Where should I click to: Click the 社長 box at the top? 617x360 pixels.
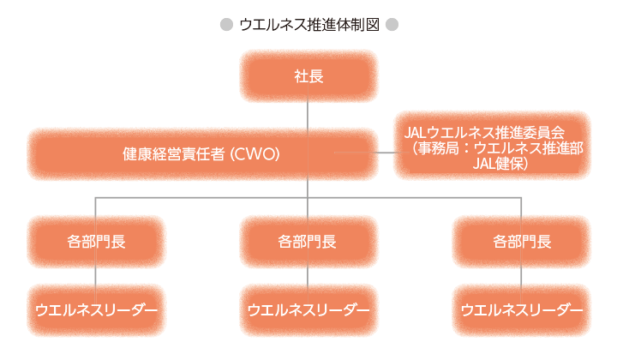[x=308, y=76]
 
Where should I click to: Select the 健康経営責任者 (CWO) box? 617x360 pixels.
[x=202, y=154]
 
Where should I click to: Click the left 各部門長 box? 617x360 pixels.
[x=96, y=242]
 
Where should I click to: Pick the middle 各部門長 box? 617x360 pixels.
[x=308, y=242]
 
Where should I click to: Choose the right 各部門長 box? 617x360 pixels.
[x=522, y=242]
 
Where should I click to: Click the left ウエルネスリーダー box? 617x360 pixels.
[x=96, y=309]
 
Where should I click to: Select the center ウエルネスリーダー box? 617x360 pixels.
[x=308, y=309]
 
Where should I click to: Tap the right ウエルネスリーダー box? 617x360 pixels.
[x=522, y=309]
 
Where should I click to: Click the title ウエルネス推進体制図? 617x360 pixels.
[x=308, y=25]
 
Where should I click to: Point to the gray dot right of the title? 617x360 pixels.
[x=392, y=25]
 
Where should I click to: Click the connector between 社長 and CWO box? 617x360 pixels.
[x=308, y=115]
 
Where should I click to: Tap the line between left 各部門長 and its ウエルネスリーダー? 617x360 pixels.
[x=96, y=276]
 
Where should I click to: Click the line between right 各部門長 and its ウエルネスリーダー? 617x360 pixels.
[x=522, y=276]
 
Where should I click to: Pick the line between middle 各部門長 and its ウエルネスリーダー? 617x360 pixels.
[x=308, y=276]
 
